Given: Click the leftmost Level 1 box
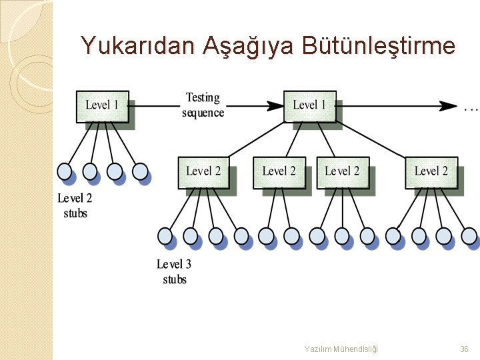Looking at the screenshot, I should click(x=102, y=105).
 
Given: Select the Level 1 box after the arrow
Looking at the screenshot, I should click(x=309, y=105).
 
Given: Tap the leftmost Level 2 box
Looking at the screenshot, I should click(x=203, y=171).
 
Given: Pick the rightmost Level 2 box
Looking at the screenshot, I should click(x=431, y=171).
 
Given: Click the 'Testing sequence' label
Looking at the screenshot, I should click(x=203, y=105).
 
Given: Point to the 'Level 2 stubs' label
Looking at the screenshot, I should click(x=75, y=205).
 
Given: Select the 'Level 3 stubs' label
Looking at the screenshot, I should click(x=175, y=271).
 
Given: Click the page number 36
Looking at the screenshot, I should click(x=464, y=349).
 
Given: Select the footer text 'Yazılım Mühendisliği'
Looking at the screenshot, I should click(x=341, y=349).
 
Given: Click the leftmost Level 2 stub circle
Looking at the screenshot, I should click(x=65, y=172).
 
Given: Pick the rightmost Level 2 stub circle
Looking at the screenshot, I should click(x=140, y=172).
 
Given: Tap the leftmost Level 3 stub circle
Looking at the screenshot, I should click(x=165, y=235).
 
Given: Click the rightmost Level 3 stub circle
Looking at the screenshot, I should click(x=469, y=235).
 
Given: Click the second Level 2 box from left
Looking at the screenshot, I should click(x=279, y=171).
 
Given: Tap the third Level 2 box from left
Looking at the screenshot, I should click(x=341, y=171).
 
